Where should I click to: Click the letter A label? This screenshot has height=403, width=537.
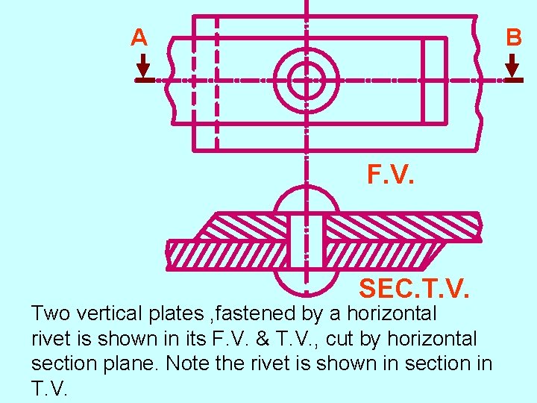(139, 37)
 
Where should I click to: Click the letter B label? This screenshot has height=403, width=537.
(514, 38)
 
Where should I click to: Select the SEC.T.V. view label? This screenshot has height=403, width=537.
(413, 287)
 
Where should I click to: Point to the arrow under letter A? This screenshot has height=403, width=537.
(143, 69)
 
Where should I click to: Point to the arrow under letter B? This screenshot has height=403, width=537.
(512, 69)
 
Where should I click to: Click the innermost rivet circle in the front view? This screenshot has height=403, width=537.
(306, 79)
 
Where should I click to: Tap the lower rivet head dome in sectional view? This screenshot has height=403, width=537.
(306, 281)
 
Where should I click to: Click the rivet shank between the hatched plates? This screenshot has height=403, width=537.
(306, 240)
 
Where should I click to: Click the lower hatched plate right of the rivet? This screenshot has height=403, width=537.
(380, 254)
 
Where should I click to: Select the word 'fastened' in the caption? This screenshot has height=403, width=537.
(256, 313)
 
